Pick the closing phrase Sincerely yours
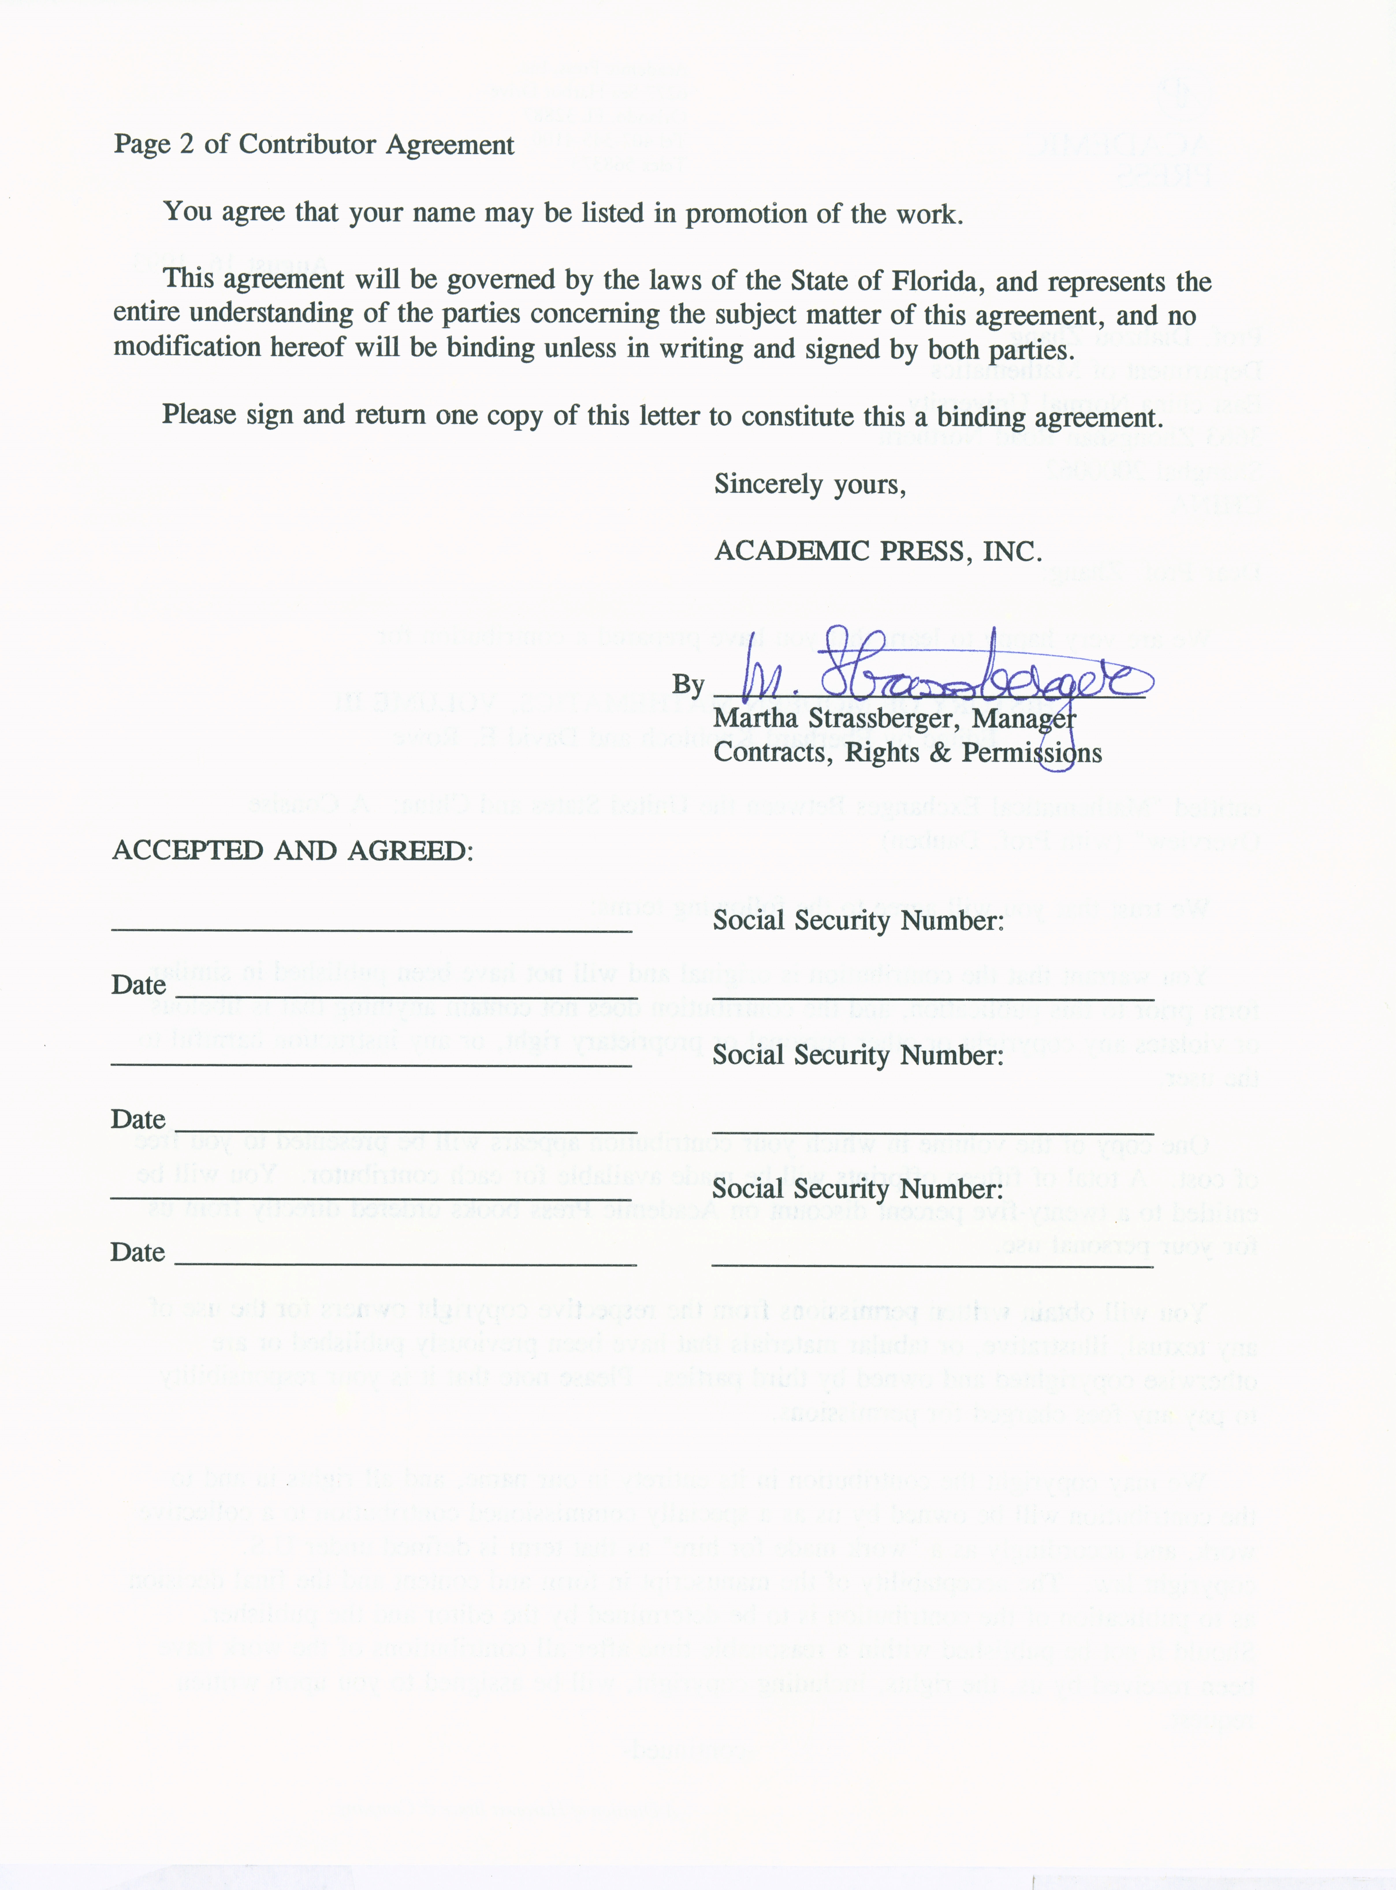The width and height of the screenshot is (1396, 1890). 809,484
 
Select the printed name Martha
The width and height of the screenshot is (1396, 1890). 755,719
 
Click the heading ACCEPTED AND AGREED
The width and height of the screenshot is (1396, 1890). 292,850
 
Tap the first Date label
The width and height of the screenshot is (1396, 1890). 138,985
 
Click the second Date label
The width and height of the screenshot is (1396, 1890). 138,1119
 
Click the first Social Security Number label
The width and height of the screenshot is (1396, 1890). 858,921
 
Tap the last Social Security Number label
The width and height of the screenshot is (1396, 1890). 858,1189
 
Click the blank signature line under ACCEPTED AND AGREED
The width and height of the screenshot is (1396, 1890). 372,930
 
